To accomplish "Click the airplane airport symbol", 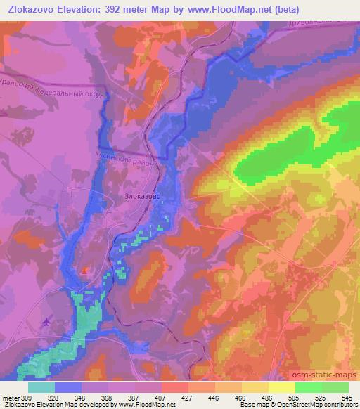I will (47, 322).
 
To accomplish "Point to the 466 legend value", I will (241, 398).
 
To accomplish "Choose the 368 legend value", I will (108, 398).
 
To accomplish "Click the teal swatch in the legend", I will (41, 387).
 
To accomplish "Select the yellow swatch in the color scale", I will (281, 387).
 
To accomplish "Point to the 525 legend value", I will (321, 398).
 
